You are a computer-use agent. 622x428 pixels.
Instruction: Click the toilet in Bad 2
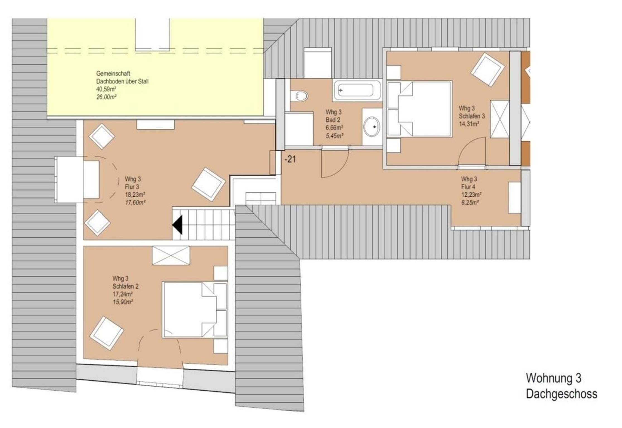(299, 96)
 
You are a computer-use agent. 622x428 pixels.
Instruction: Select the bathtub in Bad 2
(357, 90)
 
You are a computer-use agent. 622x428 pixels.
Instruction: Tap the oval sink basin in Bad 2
(372, 127)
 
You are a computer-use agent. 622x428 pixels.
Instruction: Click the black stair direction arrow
(177, 225)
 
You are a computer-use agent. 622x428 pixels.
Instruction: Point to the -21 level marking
(290, 159)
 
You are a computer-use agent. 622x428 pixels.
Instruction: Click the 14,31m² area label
(469, 124)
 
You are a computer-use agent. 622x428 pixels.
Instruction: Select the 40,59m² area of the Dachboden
(106, 89)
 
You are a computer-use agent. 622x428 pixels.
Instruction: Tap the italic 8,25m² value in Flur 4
(470, 203)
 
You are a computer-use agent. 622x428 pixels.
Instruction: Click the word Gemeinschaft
(113, 74)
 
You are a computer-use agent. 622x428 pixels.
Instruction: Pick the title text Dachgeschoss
(561, 394)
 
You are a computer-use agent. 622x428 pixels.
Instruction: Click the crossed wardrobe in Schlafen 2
(171, 255)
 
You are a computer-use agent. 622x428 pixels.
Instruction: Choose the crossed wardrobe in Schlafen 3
(500, 119)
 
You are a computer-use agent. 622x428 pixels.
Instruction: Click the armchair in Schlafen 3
(488, 70)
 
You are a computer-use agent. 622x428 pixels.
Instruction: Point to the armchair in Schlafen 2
(107, 333)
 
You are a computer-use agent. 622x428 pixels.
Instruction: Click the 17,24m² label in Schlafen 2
(122, 294)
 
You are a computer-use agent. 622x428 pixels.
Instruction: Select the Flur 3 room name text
(132, 187)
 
